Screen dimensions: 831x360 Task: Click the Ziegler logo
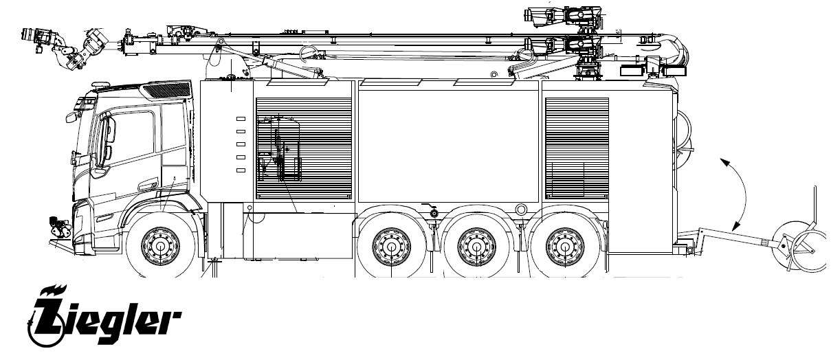pyautogui.click(x=104, y=316)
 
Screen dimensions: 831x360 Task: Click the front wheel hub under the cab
pyautogui.click(x=160, y=246)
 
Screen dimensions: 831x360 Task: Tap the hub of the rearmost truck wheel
pyautogui.click(x=565, y=247)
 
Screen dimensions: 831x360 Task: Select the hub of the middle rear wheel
pyautogui.click(x=477, y=247)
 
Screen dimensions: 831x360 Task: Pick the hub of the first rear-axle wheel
pyautogui.click(x=391, y=247)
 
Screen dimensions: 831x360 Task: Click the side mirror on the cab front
pyautogui.click(x=71, y=117)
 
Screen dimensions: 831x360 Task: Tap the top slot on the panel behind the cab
pyautogui.click(x=241, y=119)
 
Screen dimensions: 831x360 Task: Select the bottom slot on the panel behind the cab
pyautogui.click(x=241, y=170)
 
